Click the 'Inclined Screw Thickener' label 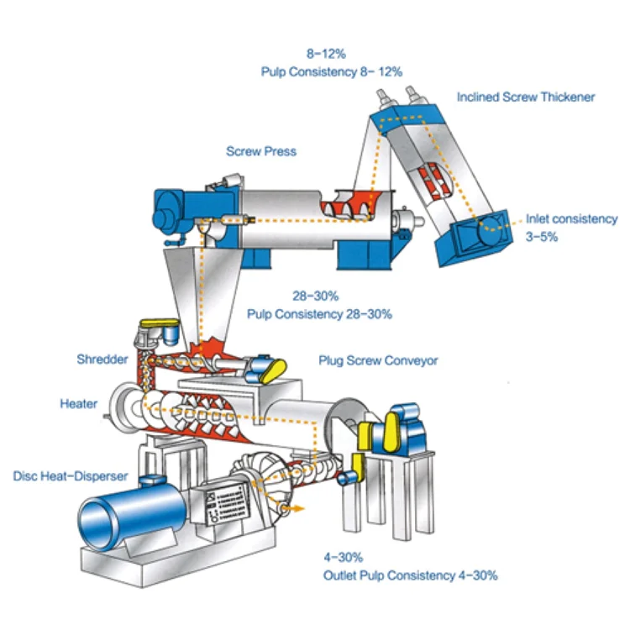tap(526, 97)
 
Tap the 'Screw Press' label tap(261, 151)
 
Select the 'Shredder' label tap(102, 360)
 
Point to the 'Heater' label tap(79, 404)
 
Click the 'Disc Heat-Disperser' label tap(71, 476)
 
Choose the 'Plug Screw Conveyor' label tap(378, 361)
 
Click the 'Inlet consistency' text tap(572, 219)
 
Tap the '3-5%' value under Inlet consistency tap(542, 237)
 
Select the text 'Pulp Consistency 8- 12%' tap(332, 72)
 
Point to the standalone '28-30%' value tap(315, 297)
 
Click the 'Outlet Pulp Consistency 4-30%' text tap(410, 575)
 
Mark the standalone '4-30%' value tap(344, 557)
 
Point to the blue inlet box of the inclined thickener tap(474, 239)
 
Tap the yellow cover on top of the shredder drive tap(159, 323)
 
